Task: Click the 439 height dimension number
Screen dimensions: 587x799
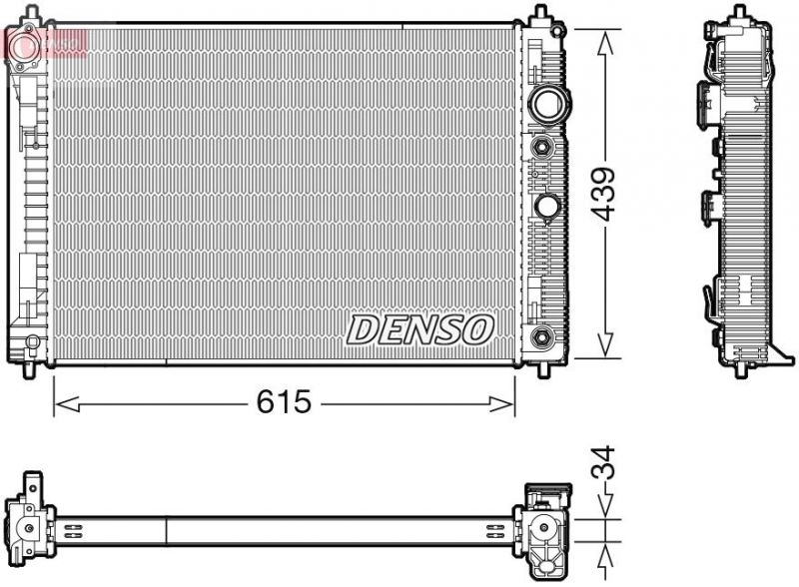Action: coord(602,195)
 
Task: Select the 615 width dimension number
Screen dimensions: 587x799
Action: coord(284,402)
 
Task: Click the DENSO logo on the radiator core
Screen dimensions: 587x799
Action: coord(419,329)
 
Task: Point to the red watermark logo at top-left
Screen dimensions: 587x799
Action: coord(45,42)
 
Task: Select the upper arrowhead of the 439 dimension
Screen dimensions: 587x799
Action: coord(604,38)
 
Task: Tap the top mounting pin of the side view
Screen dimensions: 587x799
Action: coord(740,12)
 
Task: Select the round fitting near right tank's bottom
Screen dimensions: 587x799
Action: coord(542,335)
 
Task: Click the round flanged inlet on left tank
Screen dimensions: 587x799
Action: coord(26,44)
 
